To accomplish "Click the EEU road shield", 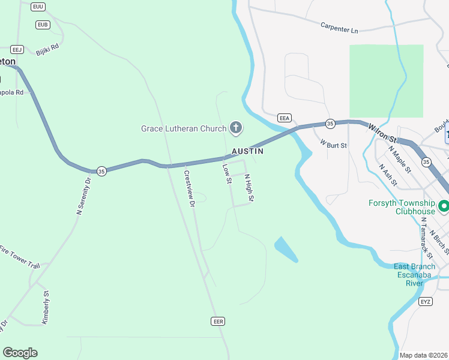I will click(x=38, y=6).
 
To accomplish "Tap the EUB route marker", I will click(x=42, y=25).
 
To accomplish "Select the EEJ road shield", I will click(x=17, y=49).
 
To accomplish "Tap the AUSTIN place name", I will click(x=247, y=152).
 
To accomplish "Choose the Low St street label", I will click(x=227, y=174).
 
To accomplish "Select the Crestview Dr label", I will click(x=190, y=189).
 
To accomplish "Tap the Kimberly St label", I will click(x=45, y=308).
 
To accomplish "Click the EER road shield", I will click(x=218, y=322).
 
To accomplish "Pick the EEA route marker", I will click(x=285, y=118).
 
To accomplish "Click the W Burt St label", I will click(x=334, y=144).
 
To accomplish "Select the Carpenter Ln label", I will click(x=339, y=28).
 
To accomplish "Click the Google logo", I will click(x=20, y=353).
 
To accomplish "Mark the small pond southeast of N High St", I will click(x=286, y=249).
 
